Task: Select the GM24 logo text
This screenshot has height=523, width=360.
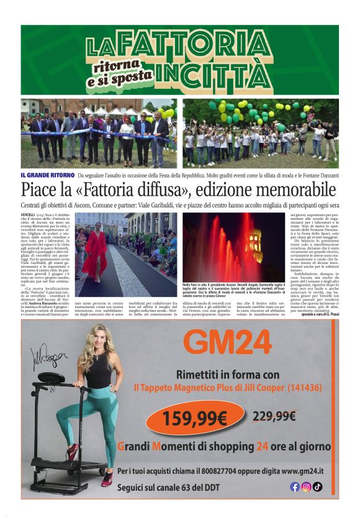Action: [x=228, y=343]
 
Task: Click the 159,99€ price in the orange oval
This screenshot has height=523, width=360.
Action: [x=195, y=419]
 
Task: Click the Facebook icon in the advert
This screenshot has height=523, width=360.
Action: [x=295, y=487]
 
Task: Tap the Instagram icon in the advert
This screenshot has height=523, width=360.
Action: [x=306, y=487]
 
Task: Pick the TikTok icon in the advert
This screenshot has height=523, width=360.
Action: [x=317, y=487]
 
